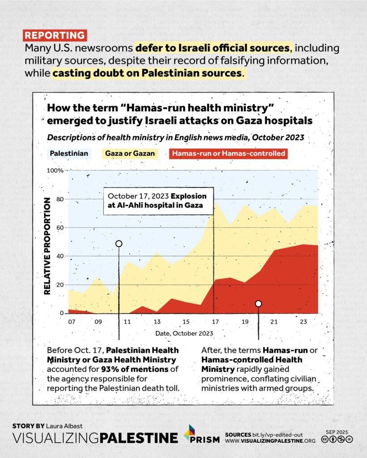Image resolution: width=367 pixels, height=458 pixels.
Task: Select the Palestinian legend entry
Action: point(69,154)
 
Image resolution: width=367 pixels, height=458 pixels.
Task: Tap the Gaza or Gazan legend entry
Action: point(130,154)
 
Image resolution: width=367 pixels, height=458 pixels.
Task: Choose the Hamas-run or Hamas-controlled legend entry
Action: point(228,154)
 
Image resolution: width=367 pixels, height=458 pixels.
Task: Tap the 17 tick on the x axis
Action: point(215,322)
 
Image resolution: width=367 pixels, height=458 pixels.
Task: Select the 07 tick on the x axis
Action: point(72,322)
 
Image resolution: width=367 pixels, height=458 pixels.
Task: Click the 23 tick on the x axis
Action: point(303,322)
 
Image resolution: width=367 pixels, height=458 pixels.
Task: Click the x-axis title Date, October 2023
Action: point(184,333)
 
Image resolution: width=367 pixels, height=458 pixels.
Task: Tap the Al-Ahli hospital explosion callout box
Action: point(158,201)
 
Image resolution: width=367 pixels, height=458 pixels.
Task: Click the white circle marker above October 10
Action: point(119,244)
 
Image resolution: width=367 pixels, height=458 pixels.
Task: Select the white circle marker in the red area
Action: point(258,304)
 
